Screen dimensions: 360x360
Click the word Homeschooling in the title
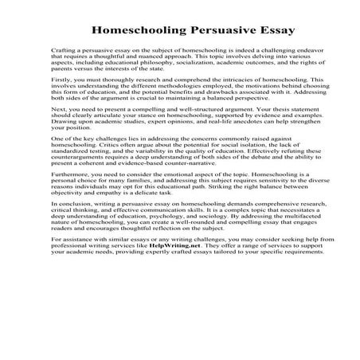(136, 32)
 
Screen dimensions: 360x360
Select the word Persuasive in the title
(215, 32)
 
